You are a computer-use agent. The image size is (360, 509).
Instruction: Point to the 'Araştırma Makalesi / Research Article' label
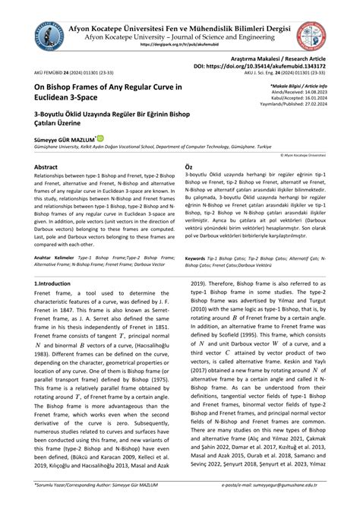pyautogui.click(x=293, y=58)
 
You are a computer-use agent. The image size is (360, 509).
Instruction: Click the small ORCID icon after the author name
pyautogui.click(x=116, y=138)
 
